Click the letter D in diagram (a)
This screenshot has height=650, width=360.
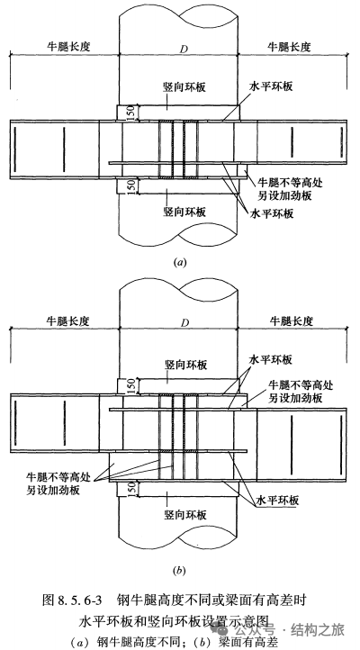(x=183, y=49)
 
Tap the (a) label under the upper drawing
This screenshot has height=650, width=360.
(x=179, y=262)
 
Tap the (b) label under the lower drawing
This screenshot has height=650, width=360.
(x=179, y=571)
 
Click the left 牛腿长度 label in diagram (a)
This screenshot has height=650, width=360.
(x=67, y=47)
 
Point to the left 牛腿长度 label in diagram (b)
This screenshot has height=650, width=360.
(x=67, y=320)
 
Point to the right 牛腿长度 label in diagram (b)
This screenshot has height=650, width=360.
(x=292, y=320)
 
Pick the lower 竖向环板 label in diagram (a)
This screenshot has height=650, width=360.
(x=184, y=212)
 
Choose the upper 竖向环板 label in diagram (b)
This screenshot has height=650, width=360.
(x=184, y=365)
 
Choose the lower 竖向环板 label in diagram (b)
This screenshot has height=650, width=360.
(x=185, y=514)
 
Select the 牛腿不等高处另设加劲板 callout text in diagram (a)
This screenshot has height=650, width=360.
(x=290, y=188)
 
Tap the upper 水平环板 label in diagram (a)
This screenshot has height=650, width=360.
(x=271, y=86)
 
